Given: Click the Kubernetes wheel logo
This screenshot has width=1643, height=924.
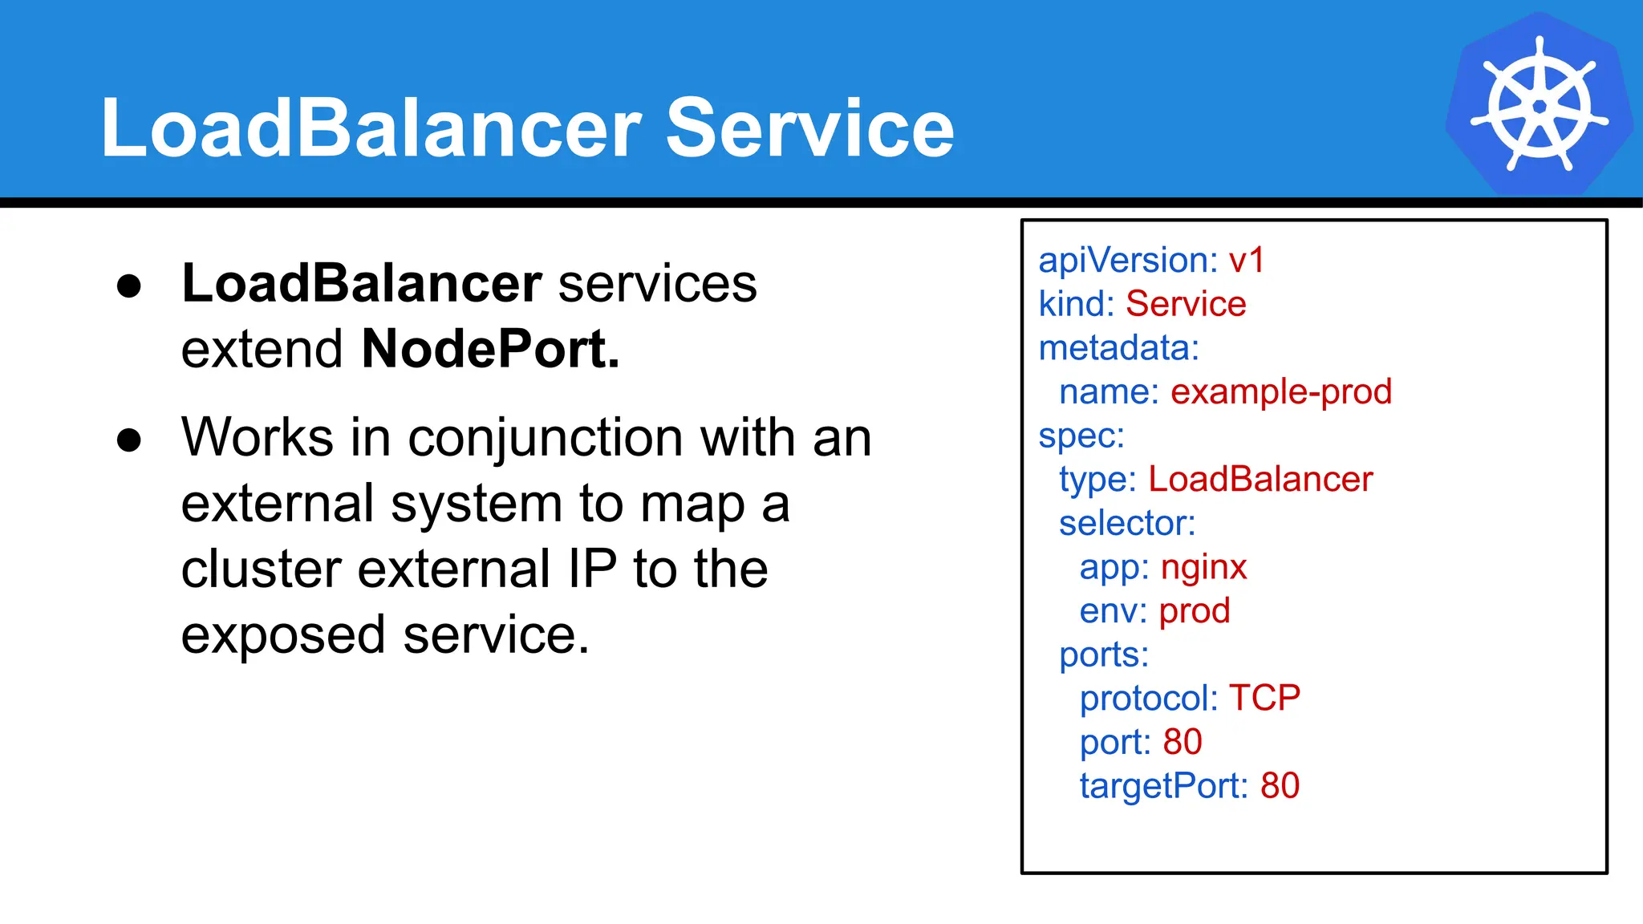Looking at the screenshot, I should click(x=1539, y=104).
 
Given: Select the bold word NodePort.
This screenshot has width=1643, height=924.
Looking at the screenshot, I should click(x=490, y=349).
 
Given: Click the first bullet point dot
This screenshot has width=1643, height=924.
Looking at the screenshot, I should click(x=129, y=286).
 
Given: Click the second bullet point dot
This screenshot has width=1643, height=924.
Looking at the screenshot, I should click(x=129, y=440).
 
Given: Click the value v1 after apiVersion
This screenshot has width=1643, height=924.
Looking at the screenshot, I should click(x=1246, y=261).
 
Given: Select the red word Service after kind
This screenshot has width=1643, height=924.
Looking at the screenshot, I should click(x=1185, y=305).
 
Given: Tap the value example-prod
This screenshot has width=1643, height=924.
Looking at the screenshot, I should click(x=1280, y=392).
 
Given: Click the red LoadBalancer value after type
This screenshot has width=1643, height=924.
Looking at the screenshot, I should click(x=1260, y=480).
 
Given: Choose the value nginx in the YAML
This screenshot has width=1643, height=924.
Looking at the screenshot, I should click(x=1203, y=568).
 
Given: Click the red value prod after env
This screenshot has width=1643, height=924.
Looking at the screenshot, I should click(x=1194, y=611).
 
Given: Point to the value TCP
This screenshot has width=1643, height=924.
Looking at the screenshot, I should click(x=1264, y=698).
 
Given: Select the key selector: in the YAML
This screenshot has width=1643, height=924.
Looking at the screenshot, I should click(x=1126, y=524).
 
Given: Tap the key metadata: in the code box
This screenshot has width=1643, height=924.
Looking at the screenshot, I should click(x=1118, y=349).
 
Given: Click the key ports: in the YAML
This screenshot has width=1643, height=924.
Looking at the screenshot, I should click(x=1103, y=655).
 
